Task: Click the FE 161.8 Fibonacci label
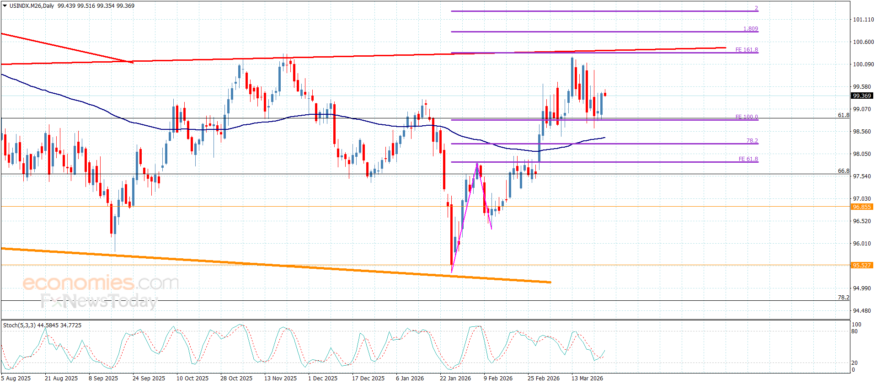(746, 50)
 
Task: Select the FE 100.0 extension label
(746, 117)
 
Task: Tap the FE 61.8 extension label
(748, 159)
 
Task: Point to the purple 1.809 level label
(750, 29)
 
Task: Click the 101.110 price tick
(863, 20)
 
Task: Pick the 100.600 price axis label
(863, 42)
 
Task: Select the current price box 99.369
(862, 96)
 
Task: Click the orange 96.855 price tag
(862, 207)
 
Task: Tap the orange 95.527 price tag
(862, 266)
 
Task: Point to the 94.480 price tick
(863, 311)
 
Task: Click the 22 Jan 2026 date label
(455, 378)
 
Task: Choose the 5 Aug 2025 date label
(16, 378)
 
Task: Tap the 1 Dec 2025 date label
(322, 378)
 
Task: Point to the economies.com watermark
(101, 283)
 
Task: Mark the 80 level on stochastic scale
(855, 331)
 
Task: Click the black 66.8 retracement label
(843, 171)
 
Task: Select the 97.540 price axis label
(863, 176)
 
